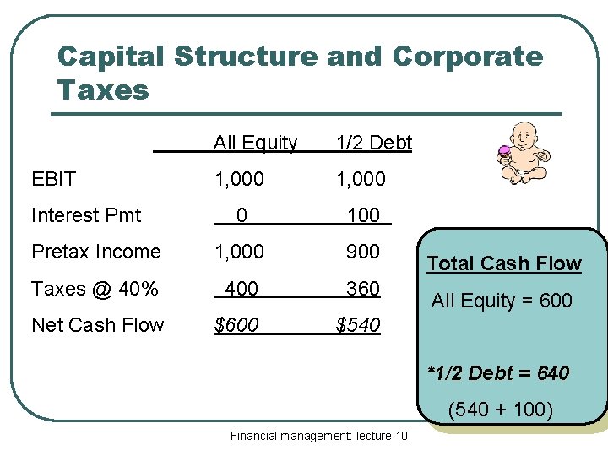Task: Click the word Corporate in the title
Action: tap(468, 57)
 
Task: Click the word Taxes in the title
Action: tap(102, 90)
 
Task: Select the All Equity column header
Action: tap(255, 143)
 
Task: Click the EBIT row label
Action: tap(53, 179)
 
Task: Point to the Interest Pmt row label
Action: tap(86, 215)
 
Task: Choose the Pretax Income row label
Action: tap(95, 252)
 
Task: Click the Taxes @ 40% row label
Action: tap(95, 288)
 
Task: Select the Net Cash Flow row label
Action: tap(97, 324)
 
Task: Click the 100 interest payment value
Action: tap(363, 215)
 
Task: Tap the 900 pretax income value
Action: tap(363, 252)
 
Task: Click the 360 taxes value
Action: tap(363, 288)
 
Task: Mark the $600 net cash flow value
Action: tap(236, 324)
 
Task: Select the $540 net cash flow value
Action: tap(358, 324)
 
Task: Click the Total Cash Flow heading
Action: tap(504, 263)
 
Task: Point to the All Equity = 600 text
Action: tap(502, 300)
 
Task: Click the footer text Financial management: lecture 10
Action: tap(318, 436)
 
